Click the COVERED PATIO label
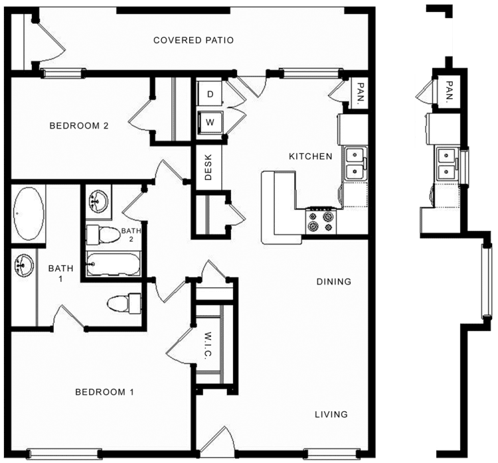pos(193,40)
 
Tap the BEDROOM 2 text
pos(78,125)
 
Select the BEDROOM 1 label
pos(104,392)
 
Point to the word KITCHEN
pos(310,157)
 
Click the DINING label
pos(333,282)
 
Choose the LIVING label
pos(331,415)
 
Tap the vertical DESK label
pos(208,168)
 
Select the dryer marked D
pos(210,95)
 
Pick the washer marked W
pos(210,122)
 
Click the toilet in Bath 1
pos(124,304)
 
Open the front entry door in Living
pos(215,445)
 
